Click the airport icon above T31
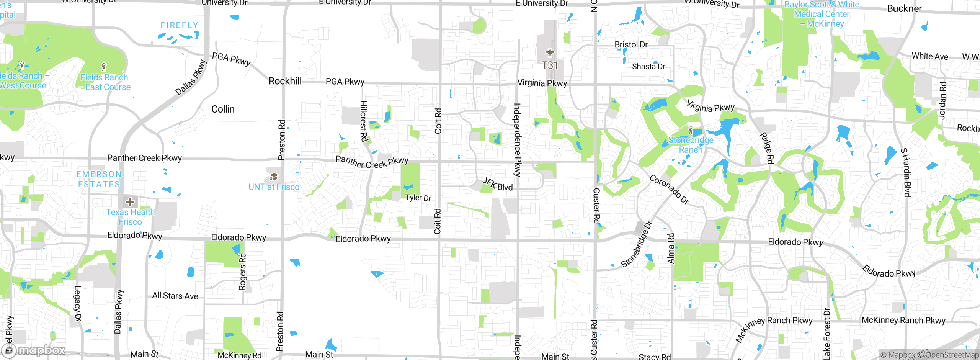tap(550, 53)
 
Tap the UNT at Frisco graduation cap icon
tap(274, 177)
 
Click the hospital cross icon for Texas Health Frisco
tap(130, 201)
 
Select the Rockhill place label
tap(285, 81)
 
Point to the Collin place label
tap(223, 110)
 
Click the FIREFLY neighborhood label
tap(179, 25)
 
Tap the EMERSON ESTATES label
tap(99, 179)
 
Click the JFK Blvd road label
tap(497, 184)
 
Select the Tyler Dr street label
tap(418, 198)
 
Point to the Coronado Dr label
tap(669, 190)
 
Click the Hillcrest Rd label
tap(363, 121)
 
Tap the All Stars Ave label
tap(175, 296)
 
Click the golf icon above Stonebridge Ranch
tap(690, 130)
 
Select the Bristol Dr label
tap(631, 45)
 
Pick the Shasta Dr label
tap(648, 67)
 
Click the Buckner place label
tap(904, 8)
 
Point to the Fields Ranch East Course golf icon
tap(103, 67)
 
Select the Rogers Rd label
tap(242, 272)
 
